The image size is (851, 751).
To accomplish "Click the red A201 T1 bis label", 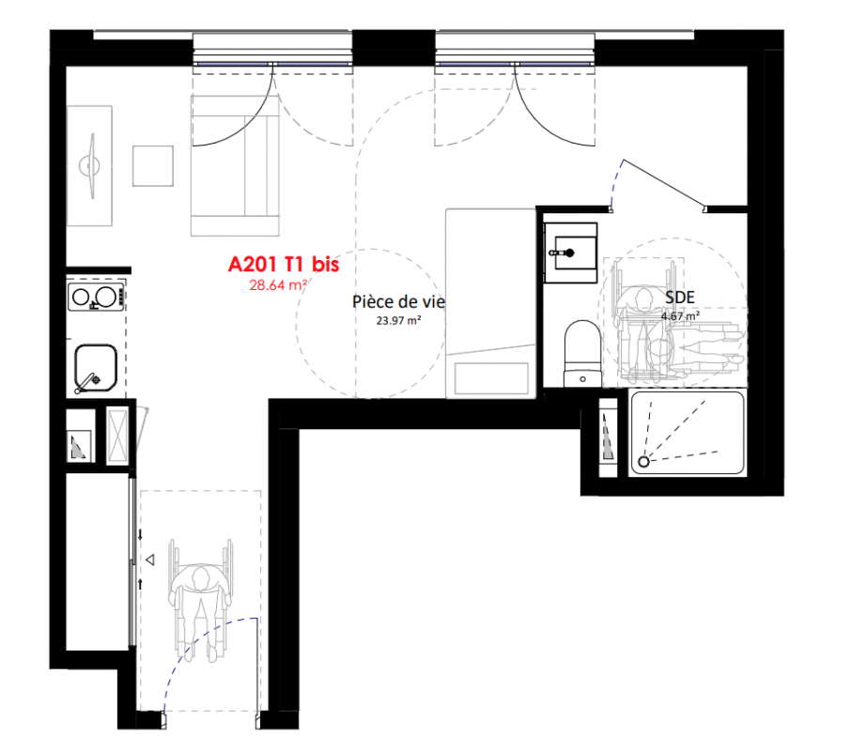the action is click(284, 264).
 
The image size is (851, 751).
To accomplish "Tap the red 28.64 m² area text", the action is click(278, 284).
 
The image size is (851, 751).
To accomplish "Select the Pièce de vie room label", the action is click(398, 301).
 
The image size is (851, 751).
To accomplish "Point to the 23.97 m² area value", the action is click(398, 320).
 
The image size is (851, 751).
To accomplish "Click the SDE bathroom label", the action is click(679, 298).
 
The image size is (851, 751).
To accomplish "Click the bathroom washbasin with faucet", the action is click(570, 253).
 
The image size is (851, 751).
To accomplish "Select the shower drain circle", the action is click(643, 462).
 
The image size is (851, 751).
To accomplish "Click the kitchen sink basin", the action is click(96, 368).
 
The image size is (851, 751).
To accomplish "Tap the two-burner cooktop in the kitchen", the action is click(96, 298).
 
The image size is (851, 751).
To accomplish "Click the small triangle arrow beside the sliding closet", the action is click(150, 559).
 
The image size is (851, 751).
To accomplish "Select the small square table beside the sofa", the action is click(153, 166).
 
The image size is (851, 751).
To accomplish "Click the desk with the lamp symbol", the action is click(89, 166).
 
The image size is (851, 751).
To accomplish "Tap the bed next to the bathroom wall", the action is click(490, 303).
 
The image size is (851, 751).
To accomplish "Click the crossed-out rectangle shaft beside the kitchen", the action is click(117, 436).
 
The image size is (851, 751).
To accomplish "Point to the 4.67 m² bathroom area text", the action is click(680, 315).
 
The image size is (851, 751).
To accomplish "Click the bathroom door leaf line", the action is click(664, 184).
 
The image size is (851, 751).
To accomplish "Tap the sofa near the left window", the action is click(235, 166).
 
